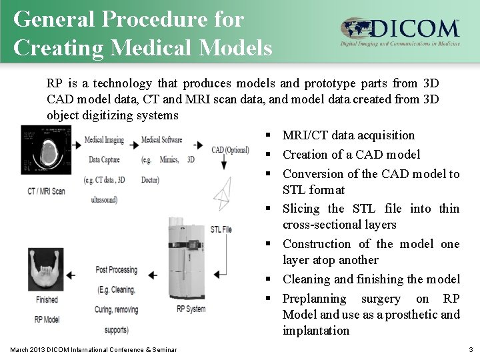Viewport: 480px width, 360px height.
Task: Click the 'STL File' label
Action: pos(221,229)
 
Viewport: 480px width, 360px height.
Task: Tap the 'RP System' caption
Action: pos(191,309)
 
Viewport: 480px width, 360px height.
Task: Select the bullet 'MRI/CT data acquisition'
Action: pos(348,136)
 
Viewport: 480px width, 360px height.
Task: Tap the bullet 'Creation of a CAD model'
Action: pos(351,155)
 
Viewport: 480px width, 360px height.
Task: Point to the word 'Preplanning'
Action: pos(314,298)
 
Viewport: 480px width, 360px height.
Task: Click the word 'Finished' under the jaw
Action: pos(47,300)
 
